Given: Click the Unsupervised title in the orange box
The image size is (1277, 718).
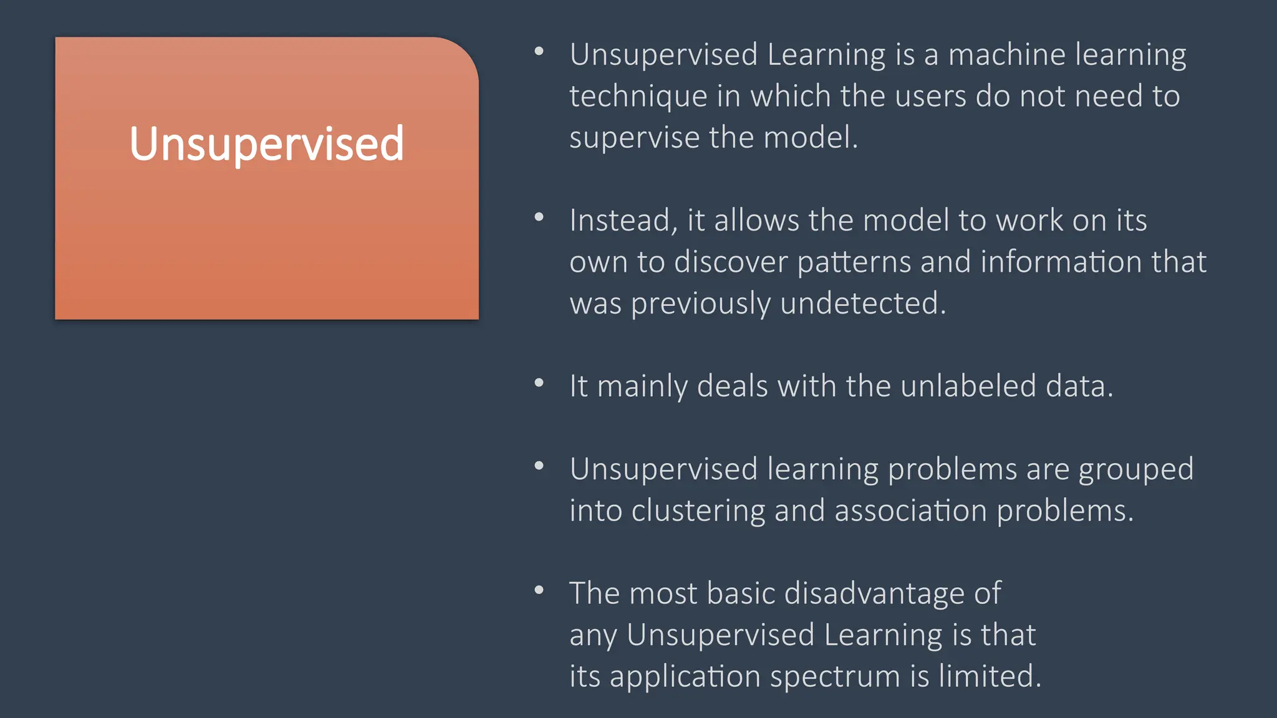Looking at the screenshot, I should pos(267,144).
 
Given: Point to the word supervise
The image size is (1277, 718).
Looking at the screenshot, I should pos(634,138).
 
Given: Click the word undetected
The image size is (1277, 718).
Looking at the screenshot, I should pos(863,304).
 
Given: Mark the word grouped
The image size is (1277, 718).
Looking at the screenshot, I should pos(1136,469).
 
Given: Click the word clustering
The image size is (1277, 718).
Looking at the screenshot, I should pos(698,511).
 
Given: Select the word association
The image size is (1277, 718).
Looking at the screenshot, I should pos(910,511).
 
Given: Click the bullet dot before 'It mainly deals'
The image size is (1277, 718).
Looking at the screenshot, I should pos(539,383).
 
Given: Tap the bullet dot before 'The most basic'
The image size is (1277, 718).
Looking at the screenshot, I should pos(539,590).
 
